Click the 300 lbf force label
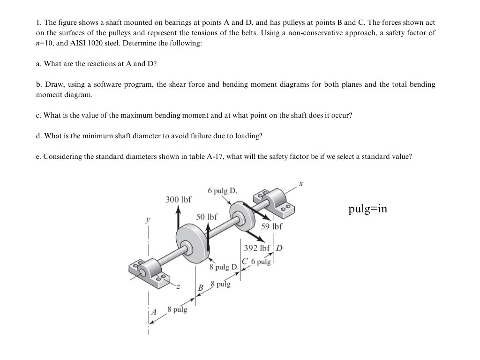[179, 199]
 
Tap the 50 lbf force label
[207, 217]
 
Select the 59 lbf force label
[272, 226]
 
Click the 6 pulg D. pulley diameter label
[222, 191]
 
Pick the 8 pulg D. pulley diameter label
[225, 267]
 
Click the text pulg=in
[367, 209]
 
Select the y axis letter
[148, 218]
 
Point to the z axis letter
[178, 286]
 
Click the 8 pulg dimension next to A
[177, 310]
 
